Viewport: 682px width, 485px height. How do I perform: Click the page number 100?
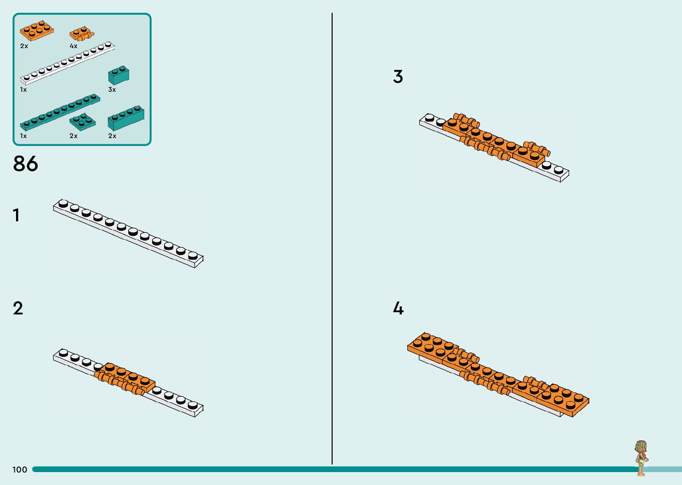coord(20,469)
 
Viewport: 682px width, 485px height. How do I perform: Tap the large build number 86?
coord(25,164)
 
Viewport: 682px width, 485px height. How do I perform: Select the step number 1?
coord(16,216)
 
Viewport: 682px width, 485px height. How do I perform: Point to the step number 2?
coord(18,309)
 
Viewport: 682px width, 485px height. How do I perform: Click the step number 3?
coord(398,77)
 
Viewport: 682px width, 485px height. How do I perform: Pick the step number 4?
coord(398,309)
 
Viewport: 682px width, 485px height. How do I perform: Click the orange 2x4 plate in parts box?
coord(37,30)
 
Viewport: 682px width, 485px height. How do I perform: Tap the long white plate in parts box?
coord(67,64)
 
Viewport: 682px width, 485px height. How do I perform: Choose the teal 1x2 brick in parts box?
coord(118,75)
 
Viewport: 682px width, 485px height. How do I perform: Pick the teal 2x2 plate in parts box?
coord(82,122)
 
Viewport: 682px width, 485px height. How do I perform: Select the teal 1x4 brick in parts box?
coord(126,118)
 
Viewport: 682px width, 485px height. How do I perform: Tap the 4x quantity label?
coord(74,46)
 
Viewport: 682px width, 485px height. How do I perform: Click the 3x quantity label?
coord(112,90)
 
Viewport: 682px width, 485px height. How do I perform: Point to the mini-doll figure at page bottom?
coord(641,458)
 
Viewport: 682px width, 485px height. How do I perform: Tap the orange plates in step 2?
coord(126,378)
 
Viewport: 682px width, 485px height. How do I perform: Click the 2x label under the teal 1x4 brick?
coord(112,136)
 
